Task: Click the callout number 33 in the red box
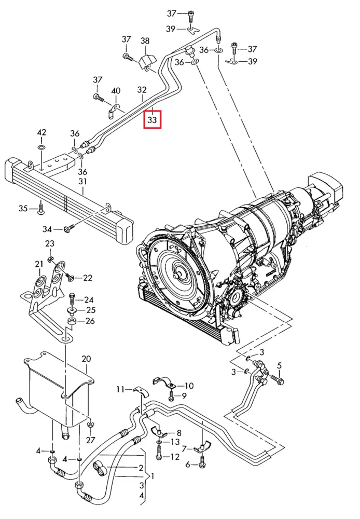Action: point(152,119)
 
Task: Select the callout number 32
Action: point(142,90)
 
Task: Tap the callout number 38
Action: point(145,41)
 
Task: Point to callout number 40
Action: point(116,91)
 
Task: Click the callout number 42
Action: point(41,132)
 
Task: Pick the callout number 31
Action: point(82,181)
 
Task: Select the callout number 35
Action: point(23,209)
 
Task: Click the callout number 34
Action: point(47,229)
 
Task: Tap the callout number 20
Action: point(86,359)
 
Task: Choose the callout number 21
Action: point(39,264)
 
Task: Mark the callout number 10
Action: point(189,386)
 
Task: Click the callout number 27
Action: point(90,440)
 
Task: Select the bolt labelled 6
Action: point(203,461)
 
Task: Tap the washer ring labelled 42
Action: point(41,147)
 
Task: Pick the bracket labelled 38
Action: point(147,62)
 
